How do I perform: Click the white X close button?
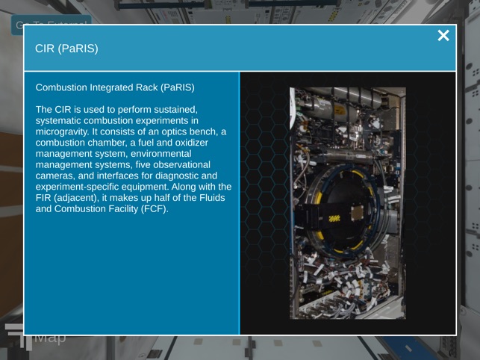coord(443,36)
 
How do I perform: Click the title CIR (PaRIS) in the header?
coord(66,49)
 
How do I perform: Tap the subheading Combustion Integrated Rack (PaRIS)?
coord(115,87)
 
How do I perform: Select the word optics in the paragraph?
coord(158,131)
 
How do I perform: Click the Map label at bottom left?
coord(50,338)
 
